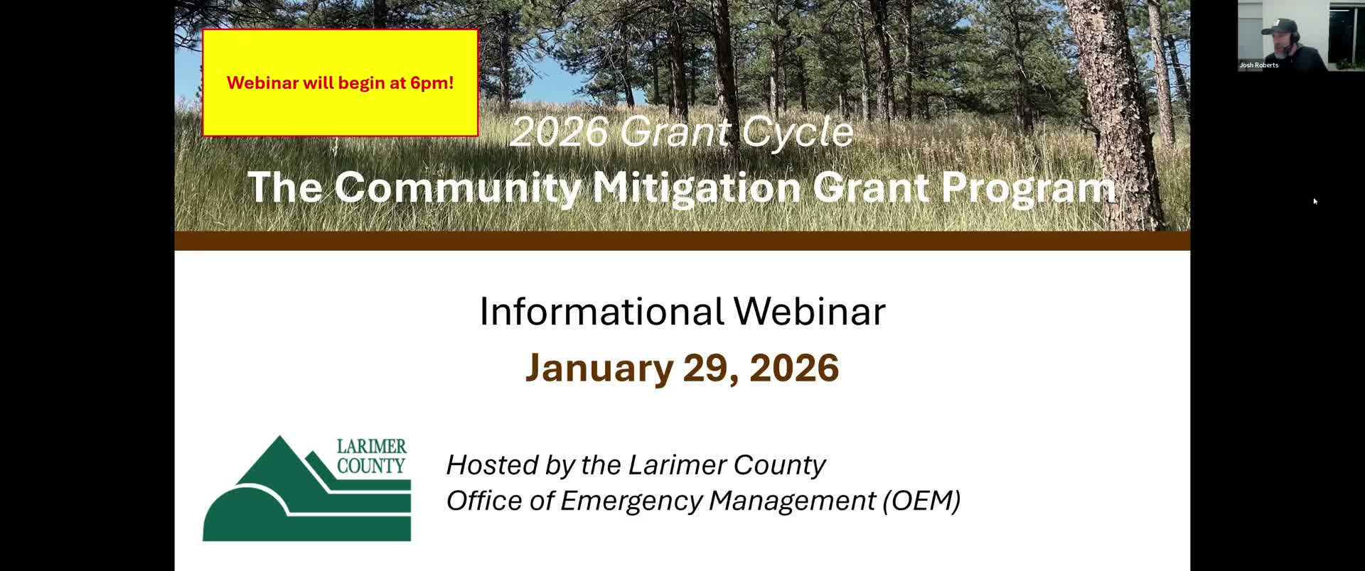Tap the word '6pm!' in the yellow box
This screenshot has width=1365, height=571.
(432, 83)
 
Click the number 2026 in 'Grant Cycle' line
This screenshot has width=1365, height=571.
(560, 132)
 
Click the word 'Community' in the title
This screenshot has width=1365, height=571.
(457, 187)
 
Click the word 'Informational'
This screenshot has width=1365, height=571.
(601, 311)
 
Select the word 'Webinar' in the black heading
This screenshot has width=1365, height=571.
(809, 311)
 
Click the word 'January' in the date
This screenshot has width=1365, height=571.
(599, 368)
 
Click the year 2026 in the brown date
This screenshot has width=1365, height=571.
(793, 368)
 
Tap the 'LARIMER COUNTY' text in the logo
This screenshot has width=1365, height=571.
(371, 456)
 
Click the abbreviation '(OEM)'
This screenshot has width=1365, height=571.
(921, 501)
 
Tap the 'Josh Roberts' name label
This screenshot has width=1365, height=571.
(1258, 65)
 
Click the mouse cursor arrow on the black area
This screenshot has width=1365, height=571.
(1315, 202)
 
